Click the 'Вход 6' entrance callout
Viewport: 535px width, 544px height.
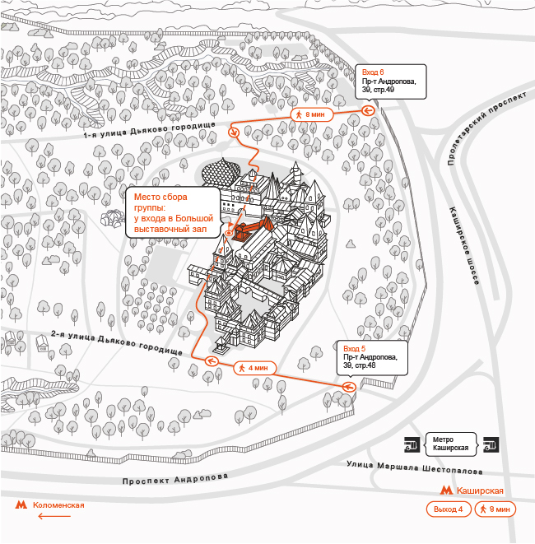391,81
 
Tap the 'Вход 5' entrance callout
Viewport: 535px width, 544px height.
372,358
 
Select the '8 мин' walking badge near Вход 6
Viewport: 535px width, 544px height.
312,114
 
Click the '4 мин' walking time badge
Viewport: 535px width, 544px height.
255,368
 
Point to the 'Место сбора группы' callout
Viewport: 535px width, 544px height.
173,212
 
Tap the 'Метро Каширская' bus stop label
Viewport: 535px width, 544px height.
451,444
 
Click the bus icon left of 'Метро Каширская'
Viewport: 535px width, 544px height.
412,444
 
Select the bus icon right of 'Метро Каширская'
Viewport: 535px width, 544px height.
491,444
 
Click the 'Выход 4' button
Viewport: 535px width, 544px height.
449,509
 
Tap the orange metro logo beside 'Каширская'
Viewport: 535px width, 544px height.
446,491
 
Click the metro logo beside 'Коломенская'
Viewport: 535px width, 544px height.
21,504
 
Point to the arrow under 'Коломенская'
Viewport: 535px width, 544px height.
54,516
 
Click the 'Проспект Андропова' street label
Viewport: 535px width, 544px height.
175,479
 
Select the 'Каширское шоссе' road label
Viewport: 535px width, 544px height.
465,246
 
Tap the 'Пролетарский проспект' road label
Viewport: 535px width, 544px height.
486,128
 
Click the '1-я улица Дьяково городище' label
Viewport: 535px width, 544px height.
150,130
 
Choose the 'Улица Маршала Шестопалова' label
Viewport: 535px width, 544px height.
415,467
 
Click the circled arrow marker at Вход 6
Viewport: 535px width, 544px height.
368,110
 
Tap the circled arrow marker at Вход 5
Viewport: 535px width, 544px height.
349,387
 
